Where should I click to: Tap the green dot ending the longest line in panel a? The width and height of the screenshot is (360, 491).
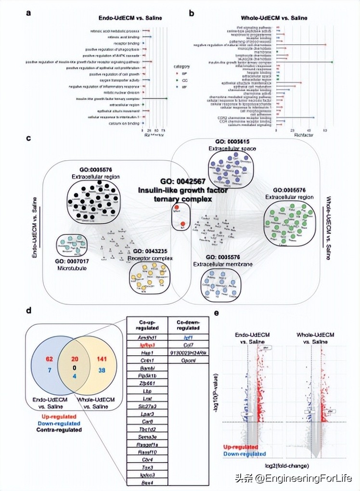(166, 98)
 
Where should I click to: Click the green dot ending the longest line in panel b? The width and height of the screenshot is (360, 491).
(332, 62)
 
